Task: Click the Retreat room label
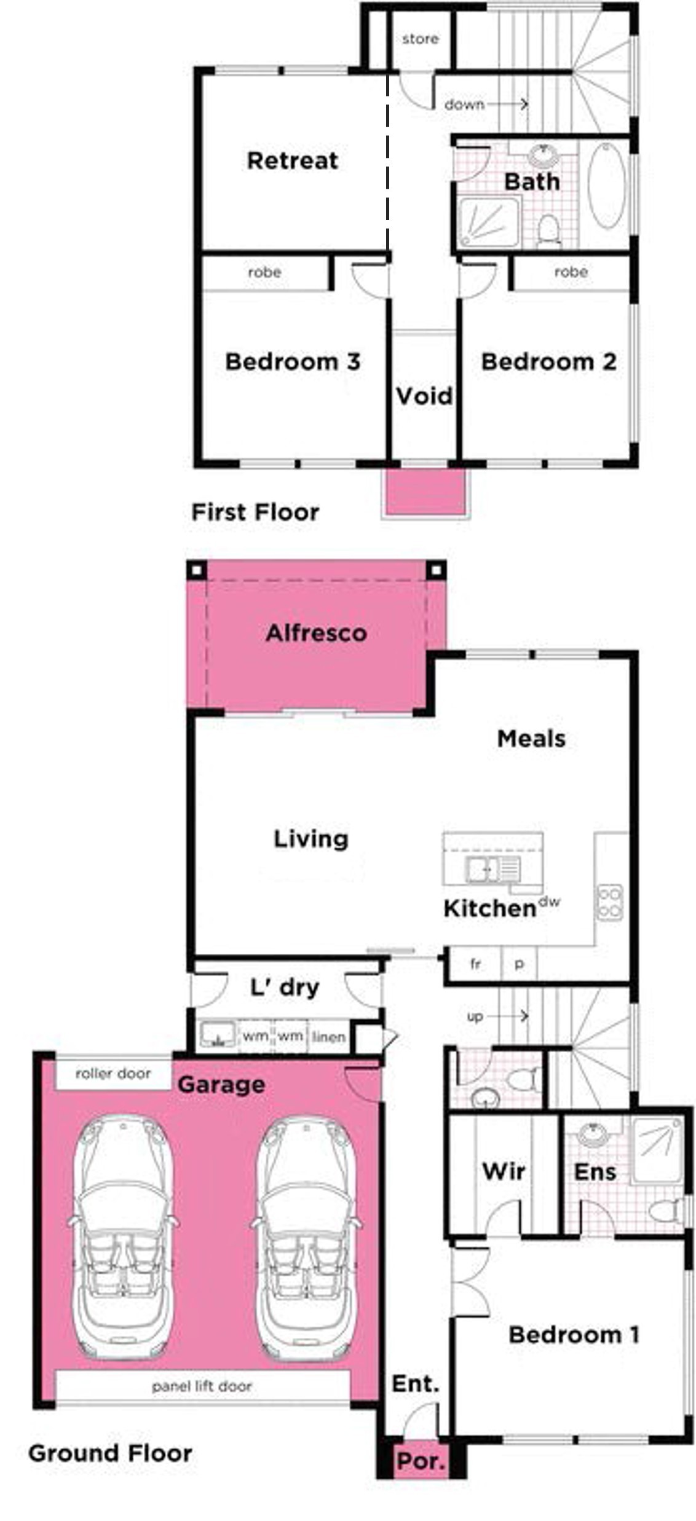point(292,160)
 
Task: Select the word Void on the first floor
point(424,395)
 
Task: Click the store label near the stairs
point(421,39)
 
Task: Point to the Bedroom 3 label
point(293,361)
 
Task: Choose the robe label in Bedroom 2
point(571,271)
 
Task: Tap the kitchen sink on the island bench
point(492,869)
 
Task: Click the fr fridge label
point(475,964)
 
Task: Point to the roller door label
point(113,1073)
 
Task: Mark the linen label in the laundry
point(328,1037)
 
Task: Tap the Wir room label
point(504,1171)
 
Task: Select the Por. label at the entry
point(421,1461)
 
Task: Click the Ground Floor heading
point(110,1453)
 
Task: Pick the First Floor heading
point(255,511)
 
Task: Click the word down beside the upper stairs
point(464,104)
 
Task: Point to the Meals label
point(531,738)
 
